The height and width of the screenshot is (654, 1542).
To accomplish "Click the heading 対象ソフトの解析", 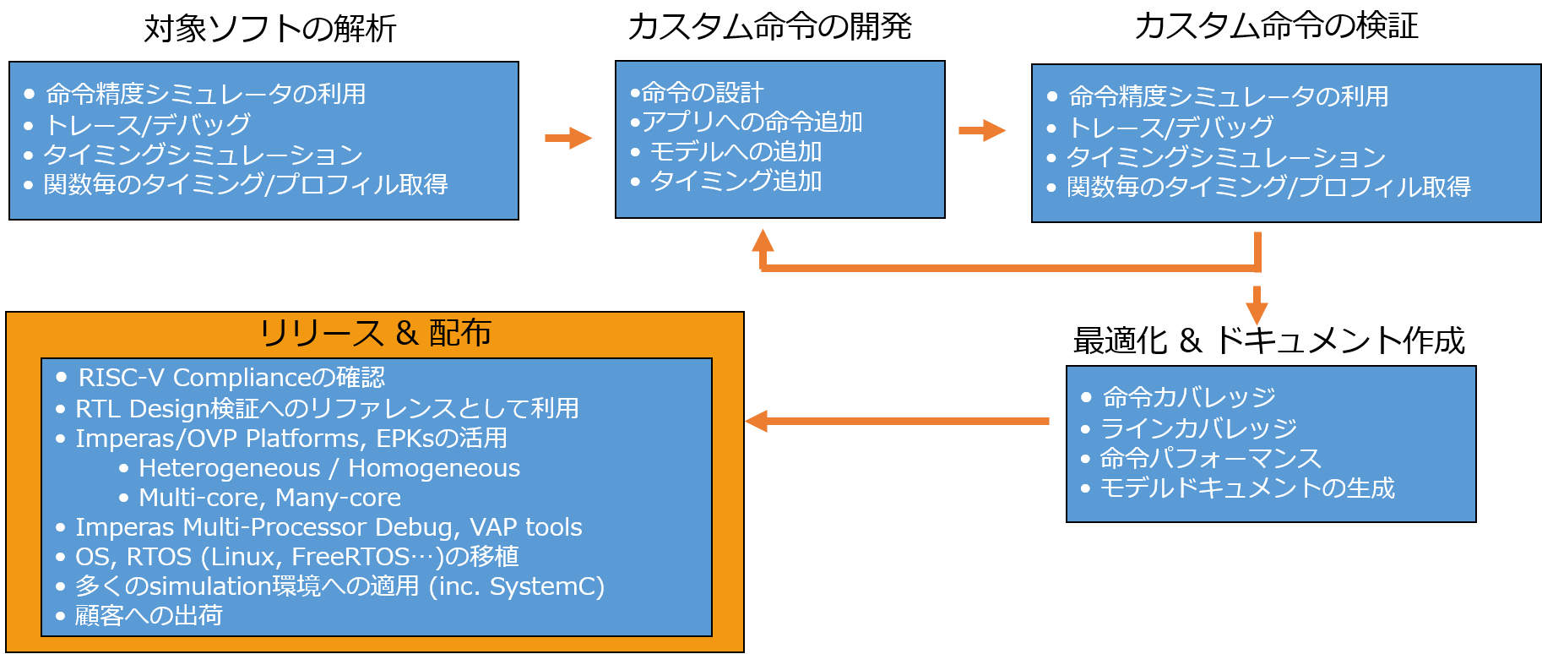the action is tap(270, 29).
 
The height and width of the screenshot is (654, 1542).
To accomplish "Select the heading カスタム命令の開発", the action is tap(769, 26).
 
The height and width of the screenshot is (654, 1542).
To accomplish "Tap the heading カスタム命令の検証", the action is tap(1276, 26).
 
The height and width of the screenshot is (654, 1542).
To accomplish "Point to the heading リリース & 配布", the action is tap(375, 333).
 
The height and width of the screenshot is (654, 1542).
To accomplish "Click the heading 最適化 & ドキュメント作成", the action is tap(1268, 341).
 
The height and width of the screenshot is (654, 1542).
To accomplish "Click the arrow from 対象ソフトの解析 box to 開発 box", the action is tap(568, 138).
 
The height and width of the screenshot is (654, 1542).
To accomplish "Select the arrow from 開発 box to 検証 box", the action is tap(982, 131).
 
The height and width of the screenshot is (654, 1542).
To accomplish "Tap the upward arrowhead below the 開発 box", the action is tap(763, 241).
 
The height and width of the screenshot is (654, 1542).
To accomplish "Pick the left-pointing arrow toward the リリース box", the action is tap(897, 421).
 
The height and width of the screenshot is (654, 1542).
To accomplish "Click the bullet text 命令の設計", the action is tap(702, 93).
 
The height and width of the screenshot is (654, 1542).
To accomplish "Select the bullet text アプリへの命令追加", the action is tap(752, 123).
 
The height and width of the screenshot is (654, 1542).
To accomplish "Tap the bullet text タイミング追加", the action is tap(736, 181).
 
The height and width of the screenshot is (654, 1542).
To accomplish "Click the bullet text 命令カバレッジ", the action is tap(1189, 397).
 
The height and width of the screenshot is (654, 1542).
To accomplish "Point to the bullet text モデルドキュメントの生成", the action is tap(1247, 488).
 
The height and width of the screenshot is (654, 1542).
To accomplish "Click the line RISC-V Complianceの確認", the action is tap(231, 377).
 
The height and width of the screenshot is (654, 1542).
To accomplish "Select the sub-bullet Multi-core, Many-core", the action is tap(269, 498).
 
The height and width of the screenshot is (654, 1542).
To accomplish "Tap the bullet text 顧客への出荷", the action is tap(149, 615).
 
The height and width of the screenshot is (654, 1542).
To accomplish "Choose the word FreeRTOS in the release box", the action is tap(350, 557).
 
